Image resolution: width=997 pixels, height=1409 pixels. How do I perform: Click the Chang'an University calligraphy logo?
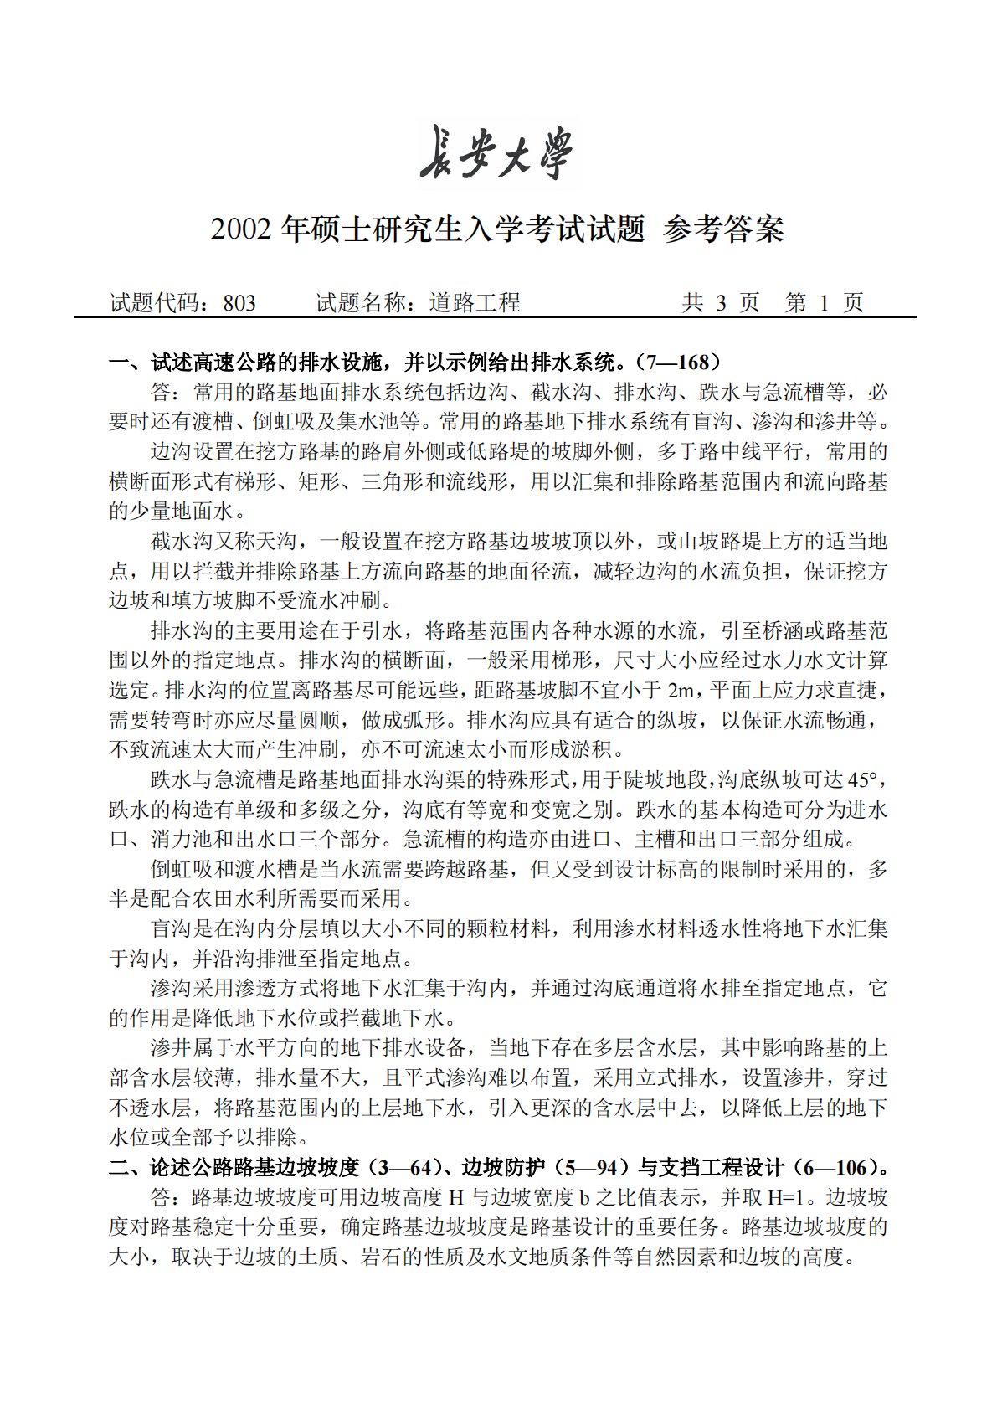tap(497, 154)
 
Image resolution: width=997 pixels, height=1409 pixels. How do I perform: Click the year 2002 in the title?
tap(242, 229)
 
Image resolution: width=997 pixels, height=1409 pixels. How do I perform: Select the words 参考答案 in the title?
tap(723, 229)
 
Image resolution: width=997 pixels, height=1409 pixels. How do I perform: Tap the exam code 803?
tap(239, 303)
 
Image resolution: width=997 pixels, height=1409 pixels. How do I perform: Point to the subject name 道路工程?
tap(475, 303)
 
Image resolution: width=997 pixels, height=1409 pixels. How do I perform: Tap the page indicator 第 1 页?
tap(825, 303)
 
